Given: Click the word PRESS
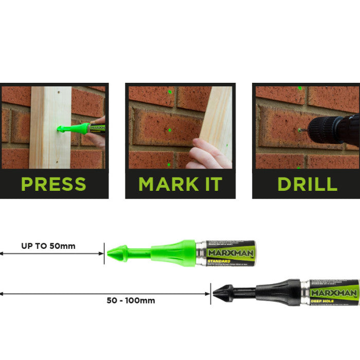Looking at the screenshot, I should pyautogui.click(x=53, y=184).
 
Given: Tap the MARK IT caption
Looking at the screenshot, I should pyautogui.click(x=180, y=184).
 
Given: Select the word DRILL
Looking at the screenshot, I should pyautogui.click(x=307, y=184).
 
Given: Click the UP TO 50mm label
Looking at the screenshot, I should pyautogui.click(x=48, y=246).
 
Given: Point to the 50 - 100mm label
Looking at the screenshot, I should pyautogui.click(x=131, y=300).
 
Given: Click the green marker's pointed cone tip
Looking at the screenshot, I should pyautogui.click(x=111, y=253).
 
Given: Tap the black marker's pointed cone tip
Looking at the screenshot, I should pyautogui.click(x=216, y=294).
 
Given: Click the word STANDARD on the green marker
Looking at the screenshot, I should pyautogui.click(x=219, y=261).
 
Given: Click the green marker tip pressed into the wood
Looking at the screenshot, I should pyautogui.click(x=60, y=129).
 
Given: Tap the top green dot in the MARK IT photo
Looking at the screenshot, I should pyautogui.click(x=170, y=93).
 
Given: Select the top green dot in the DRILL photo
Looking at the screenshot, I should pyautogui.click(x=299, y=88).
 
